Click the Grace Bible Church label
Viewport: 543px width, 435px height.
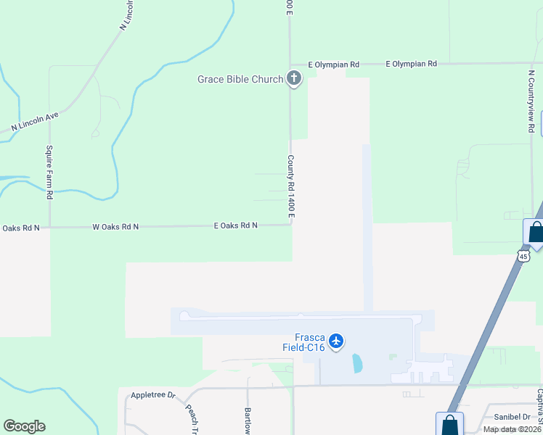click(x=240, y=79)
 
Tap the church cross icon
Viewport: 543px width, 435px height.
click(x=294, y=78)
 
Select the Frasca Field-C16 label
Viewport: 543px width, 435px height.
click(x=304, y=341)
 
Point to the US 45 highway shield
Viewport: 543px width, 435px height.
click(x=524, y=255)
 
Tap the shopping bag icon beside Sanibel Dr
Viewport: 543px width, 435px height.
click(x=449, y=424)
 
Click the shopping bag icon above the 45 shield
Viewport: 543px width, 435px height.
click(x=535, y=232)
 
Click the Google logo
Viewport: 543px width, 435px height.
click(x=24, y=426)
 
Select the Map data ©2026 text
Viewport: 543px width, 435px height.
click(x=513, y=429)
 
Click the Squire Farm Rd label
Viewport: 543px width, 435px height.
click(x=50, y=171)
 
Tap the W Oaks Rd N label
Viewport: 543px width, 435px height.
click(x=115, y=227)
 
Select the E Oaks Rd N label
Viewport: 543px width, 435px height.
click(x=236, y=225)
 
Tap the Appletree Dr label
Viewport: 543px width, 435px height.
click(x=154, y=395)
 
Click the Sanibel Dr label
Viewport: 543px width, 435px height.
click(x=513, y=417)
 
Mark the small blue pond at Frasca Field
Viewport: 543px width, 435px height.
click(x=357, y=362)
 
